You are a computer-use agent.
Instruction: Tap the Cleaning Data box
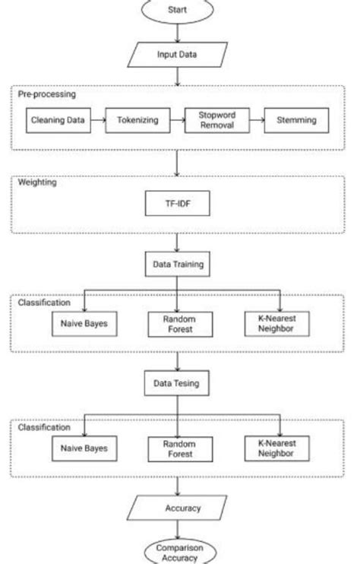tap(58, 120)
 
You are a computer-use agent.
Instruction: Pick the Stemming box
tap(295, 120)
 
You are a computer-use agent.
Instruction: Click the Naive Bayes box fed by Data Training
tap(84, 324)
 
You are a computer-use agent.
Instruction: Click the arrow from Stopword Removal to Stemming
tap(253, 120)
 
